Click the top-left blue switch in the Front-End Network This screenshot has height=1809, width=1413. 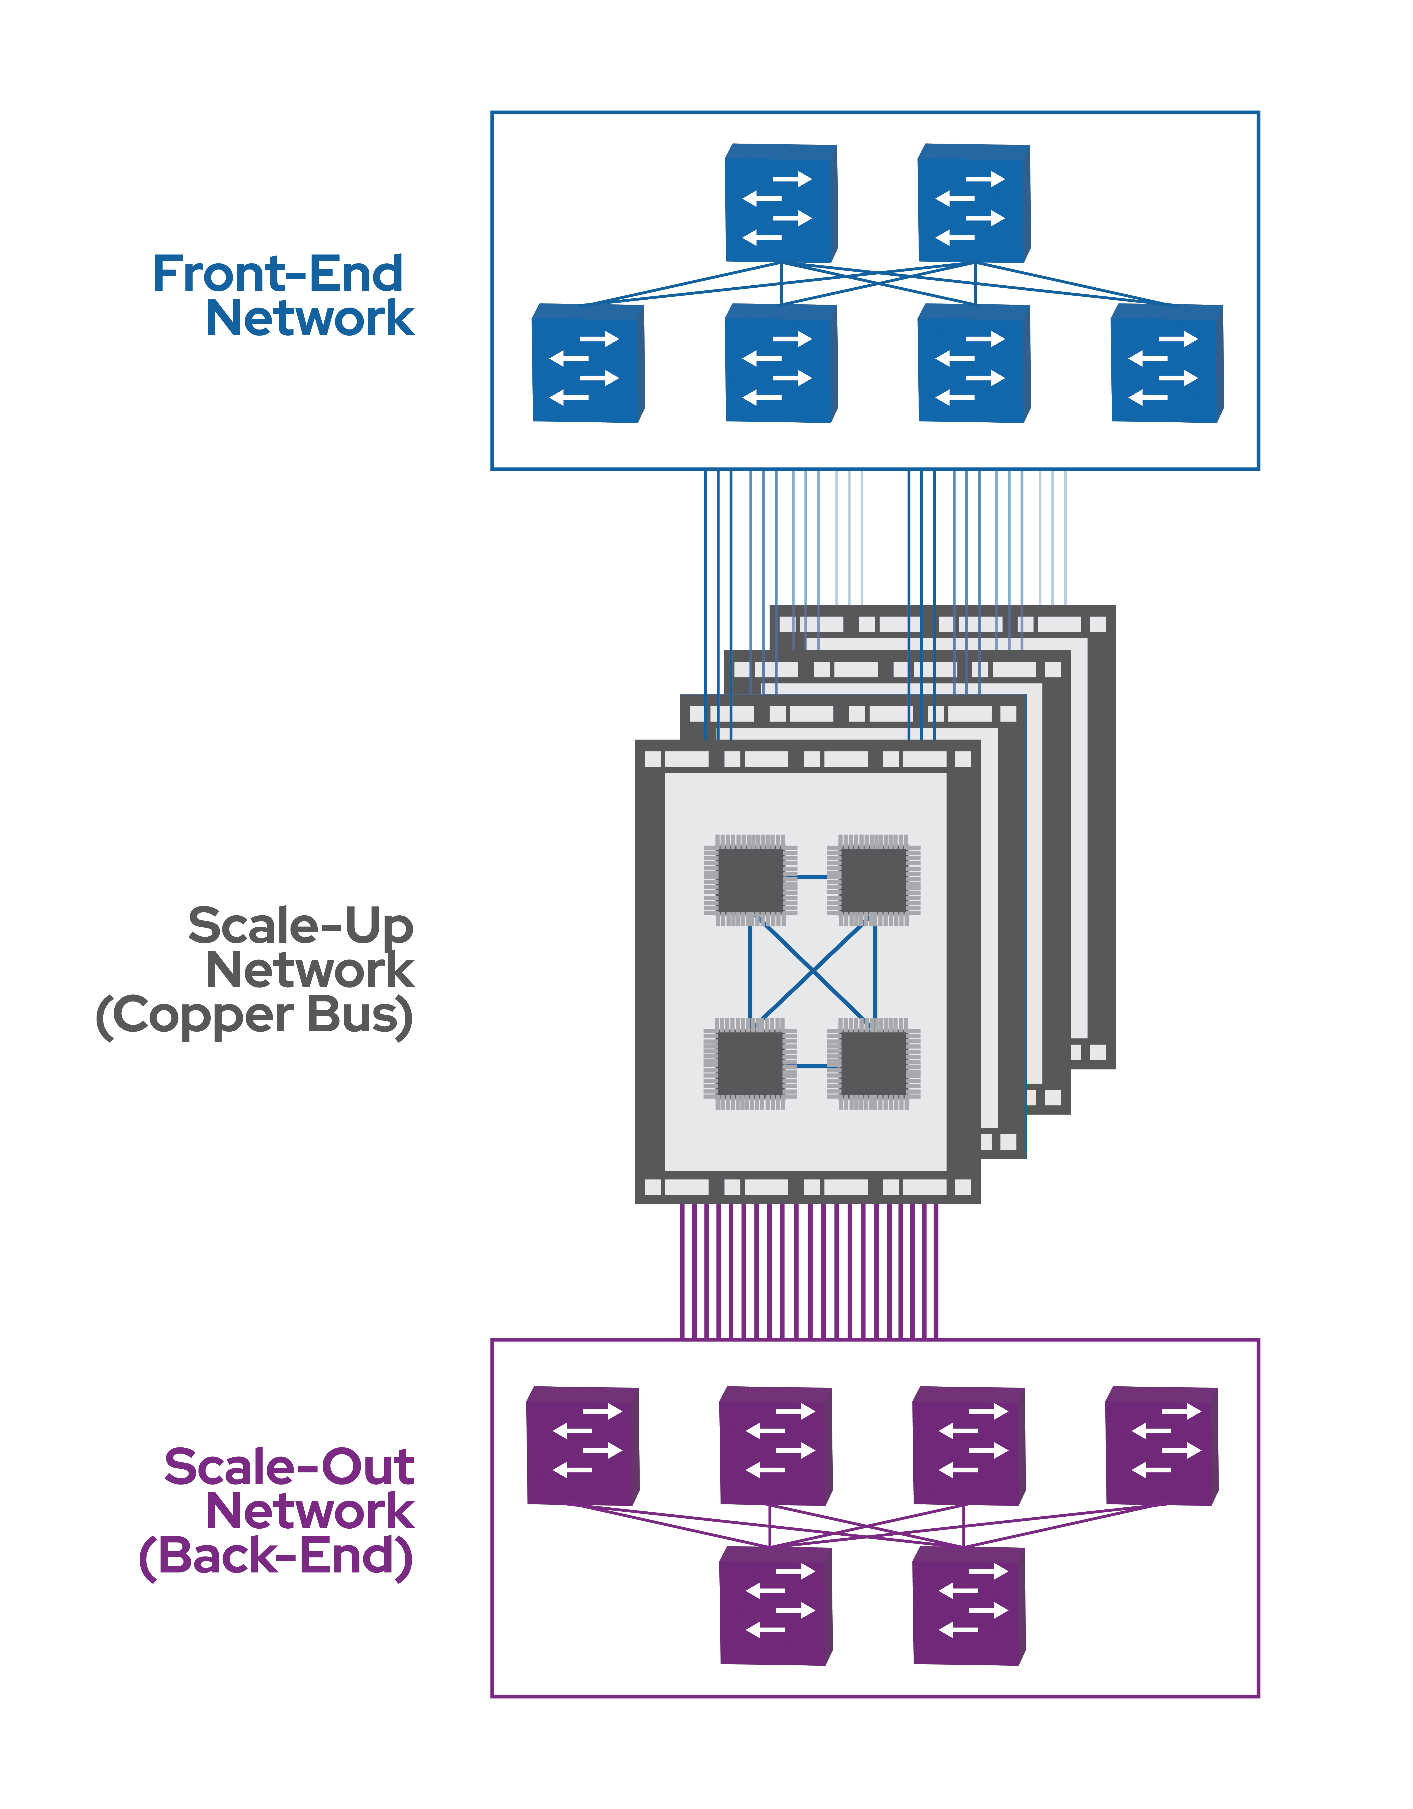(780, 204)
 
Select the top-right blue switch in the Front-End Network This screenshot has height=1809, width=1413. (973, 204)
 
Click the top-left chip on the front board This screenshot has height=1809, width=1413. (750, 880)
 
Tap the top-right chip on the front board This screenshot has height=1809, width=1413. (874, 880)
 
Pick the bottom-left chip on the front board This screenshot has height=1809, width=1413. (750, 1063)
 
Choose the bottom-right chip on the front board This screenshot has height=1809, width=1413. (874, 1063)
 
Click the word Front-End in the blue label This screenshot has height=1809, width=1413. (278, 274)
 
